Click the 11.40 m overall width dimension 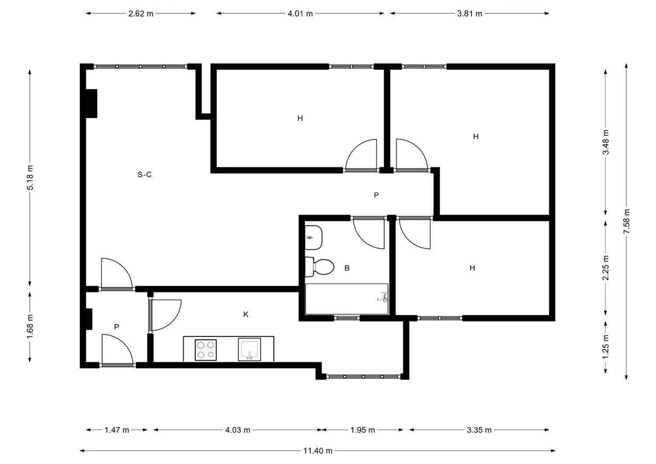(x=318, y=450)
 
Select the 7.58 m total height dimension (x=626, y=221)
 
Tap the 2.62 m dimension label (x=141, y=14)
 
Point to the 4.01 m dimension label (x=300, y=14)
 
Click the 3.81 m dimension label (x=470, y=14)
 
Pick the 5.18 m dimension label (x=30, y=178)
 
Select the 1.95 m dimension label (x=363, y=430)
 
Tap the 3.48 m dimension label (x=606, y=142)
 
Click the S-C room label (x=145, y=174)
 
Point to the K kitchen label (x=246, y=314)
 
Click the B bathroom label (x=347, y=268)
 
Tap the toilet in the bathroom (x=320, y=267)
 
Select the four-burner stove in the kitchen (x=206, y=350)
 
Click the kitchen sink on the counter (x=250, y=349)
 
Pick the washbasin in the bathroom (x=314, y=237)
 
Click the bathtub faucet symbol (x=383, y=297)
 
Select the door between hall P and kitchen (x=165, y=315)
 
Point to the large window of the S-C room (x=140, y=66)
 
